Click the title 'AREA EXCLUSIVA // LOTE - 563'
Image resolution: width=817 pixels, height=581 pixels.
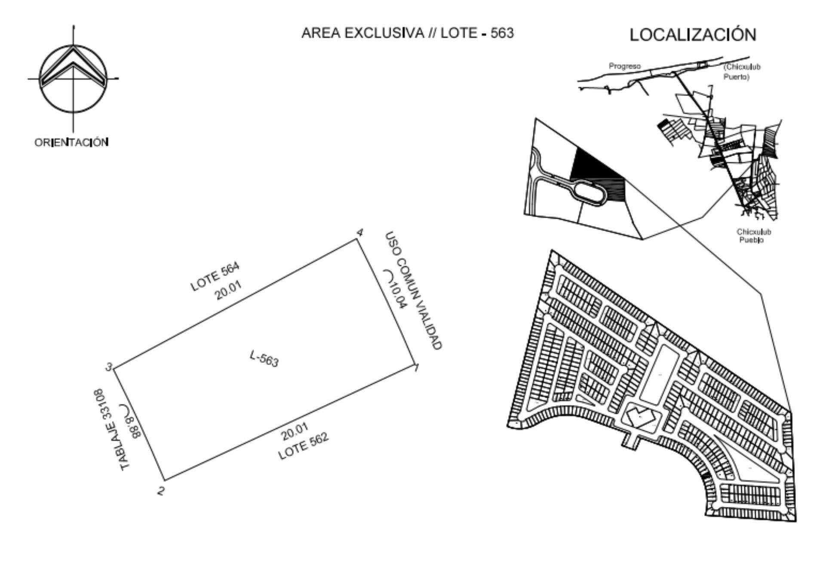(407, 33)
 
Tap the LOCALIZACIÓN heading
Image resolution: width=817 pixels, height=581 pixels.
(693, 34)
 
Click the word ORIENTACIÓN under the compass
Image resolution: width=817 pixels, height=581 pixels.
(71, 142)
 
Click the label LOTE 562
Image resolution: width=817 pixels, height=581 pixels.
(303, 446)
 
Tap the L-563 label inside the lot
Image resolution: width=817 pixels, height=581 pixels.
(264, 359)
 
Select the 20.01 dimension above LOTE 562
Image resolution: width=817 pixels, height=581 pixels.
(295, 432)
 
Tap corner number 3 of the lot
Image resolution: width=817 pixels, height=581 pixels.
(109, 367)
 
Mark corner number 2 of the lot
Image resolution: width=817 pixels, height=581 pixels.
(161, 491)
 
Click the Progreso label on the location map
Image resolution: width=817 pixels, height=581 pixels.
(624, 66)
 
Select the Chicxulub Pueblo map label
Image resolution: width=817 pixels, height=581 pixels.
(753, 236)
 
